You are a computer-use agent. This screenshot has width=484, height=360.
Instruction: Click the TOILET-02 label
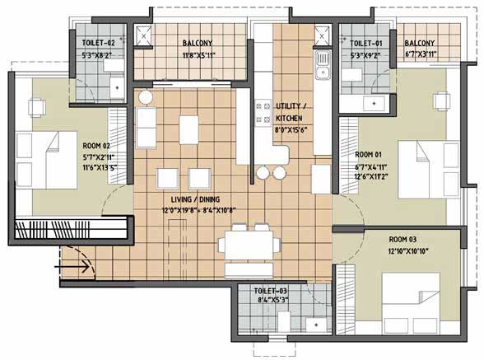98,43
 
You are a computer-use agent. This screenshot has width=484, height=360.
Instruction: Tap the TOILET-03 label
270,291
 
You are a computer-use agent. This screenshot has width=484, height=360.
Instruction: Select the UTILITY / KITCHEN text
290,112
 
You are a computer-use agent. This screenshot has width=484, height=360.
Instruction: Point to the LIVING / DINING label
195,199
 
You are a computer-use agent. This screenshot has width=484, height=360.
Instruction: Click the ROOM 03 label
403,239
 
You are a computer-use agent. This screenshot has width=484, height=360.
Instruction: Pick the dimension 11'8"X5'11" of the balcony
198,56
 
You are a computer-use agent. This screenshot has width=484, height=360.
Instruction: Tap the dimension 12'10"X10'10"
408,251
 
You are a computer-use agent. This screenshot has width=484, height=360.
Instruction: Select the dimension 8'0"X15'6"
290,130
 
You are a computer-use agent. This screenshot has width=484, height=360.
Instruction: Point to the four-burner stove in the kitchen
263,114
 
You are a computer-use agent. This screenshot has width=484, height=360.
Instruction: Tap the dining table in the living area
249,245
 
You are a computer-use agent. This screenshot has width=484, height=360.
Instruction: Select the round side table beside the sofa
146,98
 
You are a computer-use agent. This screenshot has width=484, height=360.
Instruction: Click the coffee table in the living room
188,130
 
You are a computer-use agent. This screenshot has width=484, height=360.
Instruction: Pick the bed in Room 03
412,303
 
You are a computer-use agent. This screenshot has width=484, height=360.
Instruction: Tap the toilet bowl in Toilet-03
284,321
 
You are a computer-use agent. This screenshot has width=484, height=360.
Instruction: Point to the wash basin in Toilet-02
117,87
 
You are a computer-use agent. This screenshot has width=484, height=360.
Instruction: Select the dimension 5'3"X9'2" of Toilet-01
365,56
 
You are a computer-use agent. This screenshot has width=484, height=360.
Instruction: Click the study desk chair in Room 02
37,108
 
